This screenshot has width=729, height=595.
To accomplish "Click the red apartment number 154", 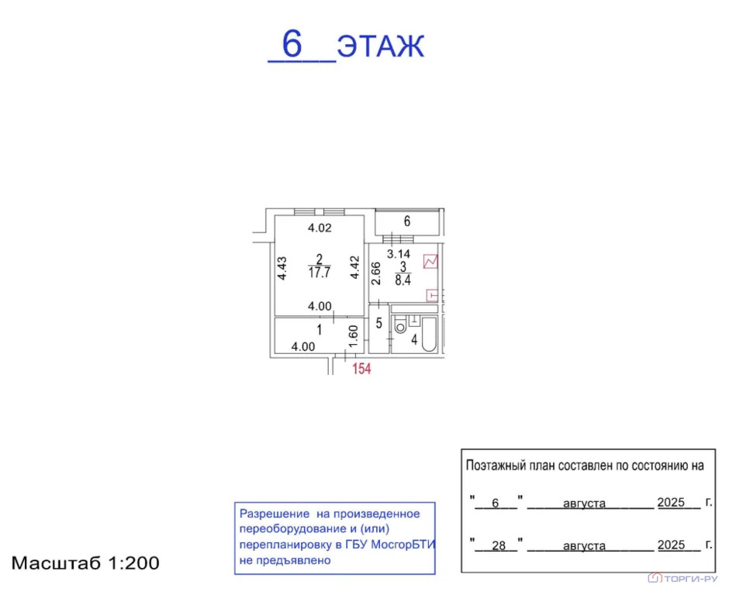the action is coord(361,369).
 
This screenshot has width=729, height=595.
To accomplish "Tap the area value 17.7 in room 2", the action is coord(320,272).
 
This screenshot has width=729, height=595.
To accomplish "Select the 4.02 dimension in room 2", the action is coord(320,228).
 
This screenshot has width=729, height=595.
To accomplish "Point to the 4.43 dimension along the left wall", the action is coord(282,269).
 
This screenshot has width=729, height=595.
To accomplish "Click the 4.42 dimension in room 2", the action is coord(354,267).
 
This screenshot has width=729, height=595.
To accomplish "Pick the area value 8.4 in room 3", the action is coord(403,280).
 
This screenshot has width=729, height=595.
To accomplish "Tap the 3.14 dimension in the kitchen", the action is coord(399,253).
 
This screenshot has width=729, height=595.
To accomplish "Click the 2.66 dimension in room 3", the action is coord(376,273).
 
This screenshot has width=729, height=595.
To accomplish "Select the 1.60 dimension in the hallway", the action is coord(353,335).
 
